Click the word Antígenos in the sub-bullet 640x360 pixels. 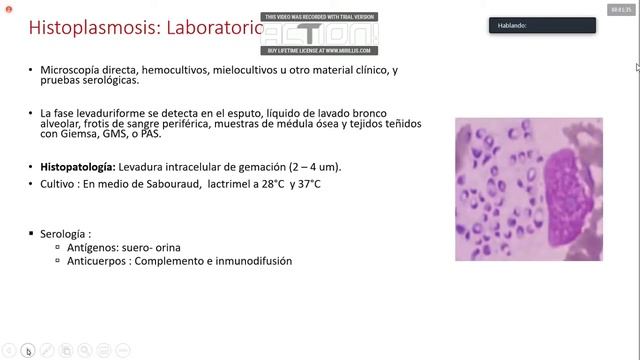(x=90, y=247)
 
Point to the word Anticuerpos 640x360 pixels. (x=95, y=261)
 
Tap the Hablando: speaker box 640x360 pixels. (x=542, y=26)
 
